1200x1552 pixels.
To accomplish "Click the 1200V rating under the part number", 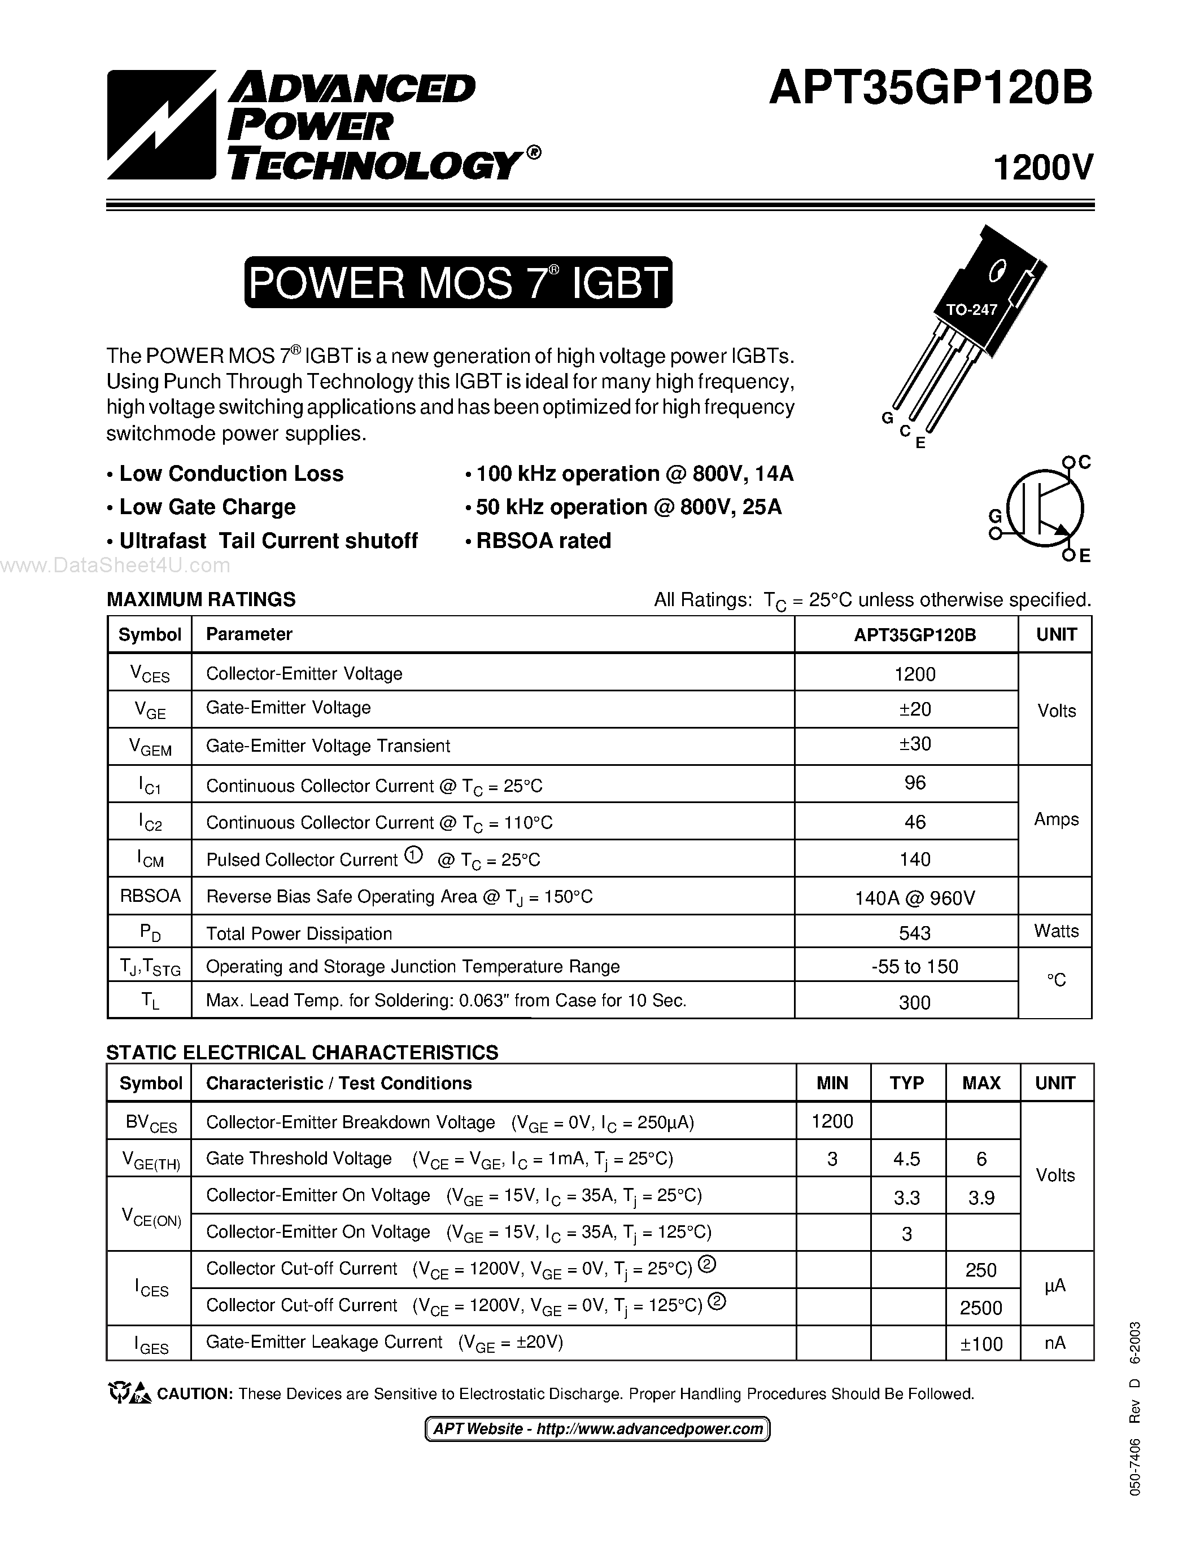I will pyautogui.click(x=1042, y=168).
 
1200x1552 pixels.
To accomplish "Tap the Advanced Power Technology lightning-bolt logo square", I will pyautogui.click(x=162, y=124).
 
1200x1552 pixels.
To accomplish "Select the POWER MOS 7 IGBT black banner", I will pyautogui.click(x=458, y=282).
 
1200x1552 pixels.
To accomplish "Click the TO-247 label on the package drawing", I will pyautogui.click(x=971, y=310).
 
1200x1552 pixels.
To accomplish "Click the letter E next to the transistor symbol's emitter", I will pyautogui.click(x=1085, y=556).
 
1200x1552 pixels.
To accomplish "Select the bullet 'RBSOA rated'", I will pyautogui.click(x=543, y=541).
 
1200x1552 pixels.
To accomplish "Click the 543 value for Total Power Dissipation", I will pyautogui.click(x=914, y=932).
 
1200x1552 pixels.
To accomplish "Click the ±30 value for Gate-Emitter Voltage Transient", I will pyautogui.click(x=914, y=744).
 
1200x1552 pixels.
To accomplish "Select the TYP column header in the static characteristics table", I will pyautogui.click(x=906, y=1083).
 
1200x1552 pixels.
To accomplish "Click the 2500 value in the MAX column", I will pyautogui.click(x=981, y=1308).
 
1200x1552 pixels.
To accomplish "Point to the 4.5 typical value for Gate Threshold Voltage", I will pyautogui.click(x=906, y=1160).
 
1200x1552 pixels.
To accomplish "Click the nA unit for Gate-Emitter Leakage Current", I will pyautogui.click(x=1055, y=1343).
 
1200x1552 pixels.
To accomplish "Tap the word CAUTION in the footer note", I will pyautogui.click(x=194, y=1394).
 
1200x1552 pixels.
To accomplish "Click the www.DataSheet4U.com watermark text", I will pyautogui.click(x=115, y=565).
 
